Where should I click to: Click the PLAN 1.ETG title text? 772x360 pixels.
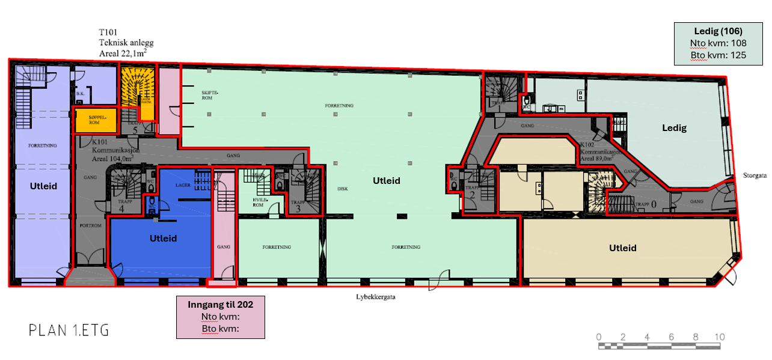[69, 330]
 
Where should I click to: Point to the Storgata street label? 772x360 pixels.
[755, 177]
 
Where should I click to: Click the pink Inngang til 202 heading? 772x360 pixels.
[220, 305]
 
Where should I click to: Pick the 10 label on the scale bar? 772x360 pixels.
[719, 337]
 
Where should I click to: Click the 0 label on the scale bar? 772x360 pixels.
[598, 337]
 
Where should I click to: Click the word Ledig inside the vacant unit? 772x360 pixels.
[674, 128]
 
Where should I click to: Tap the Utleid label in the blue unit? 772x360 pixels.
[163, 239]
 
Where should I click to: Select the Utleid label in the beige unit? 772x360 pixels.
[622, 248]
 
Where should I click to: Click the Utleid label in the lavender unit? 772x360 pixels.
[43, 186]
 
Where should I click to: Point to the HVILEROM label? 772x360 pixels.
[258, 201]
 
